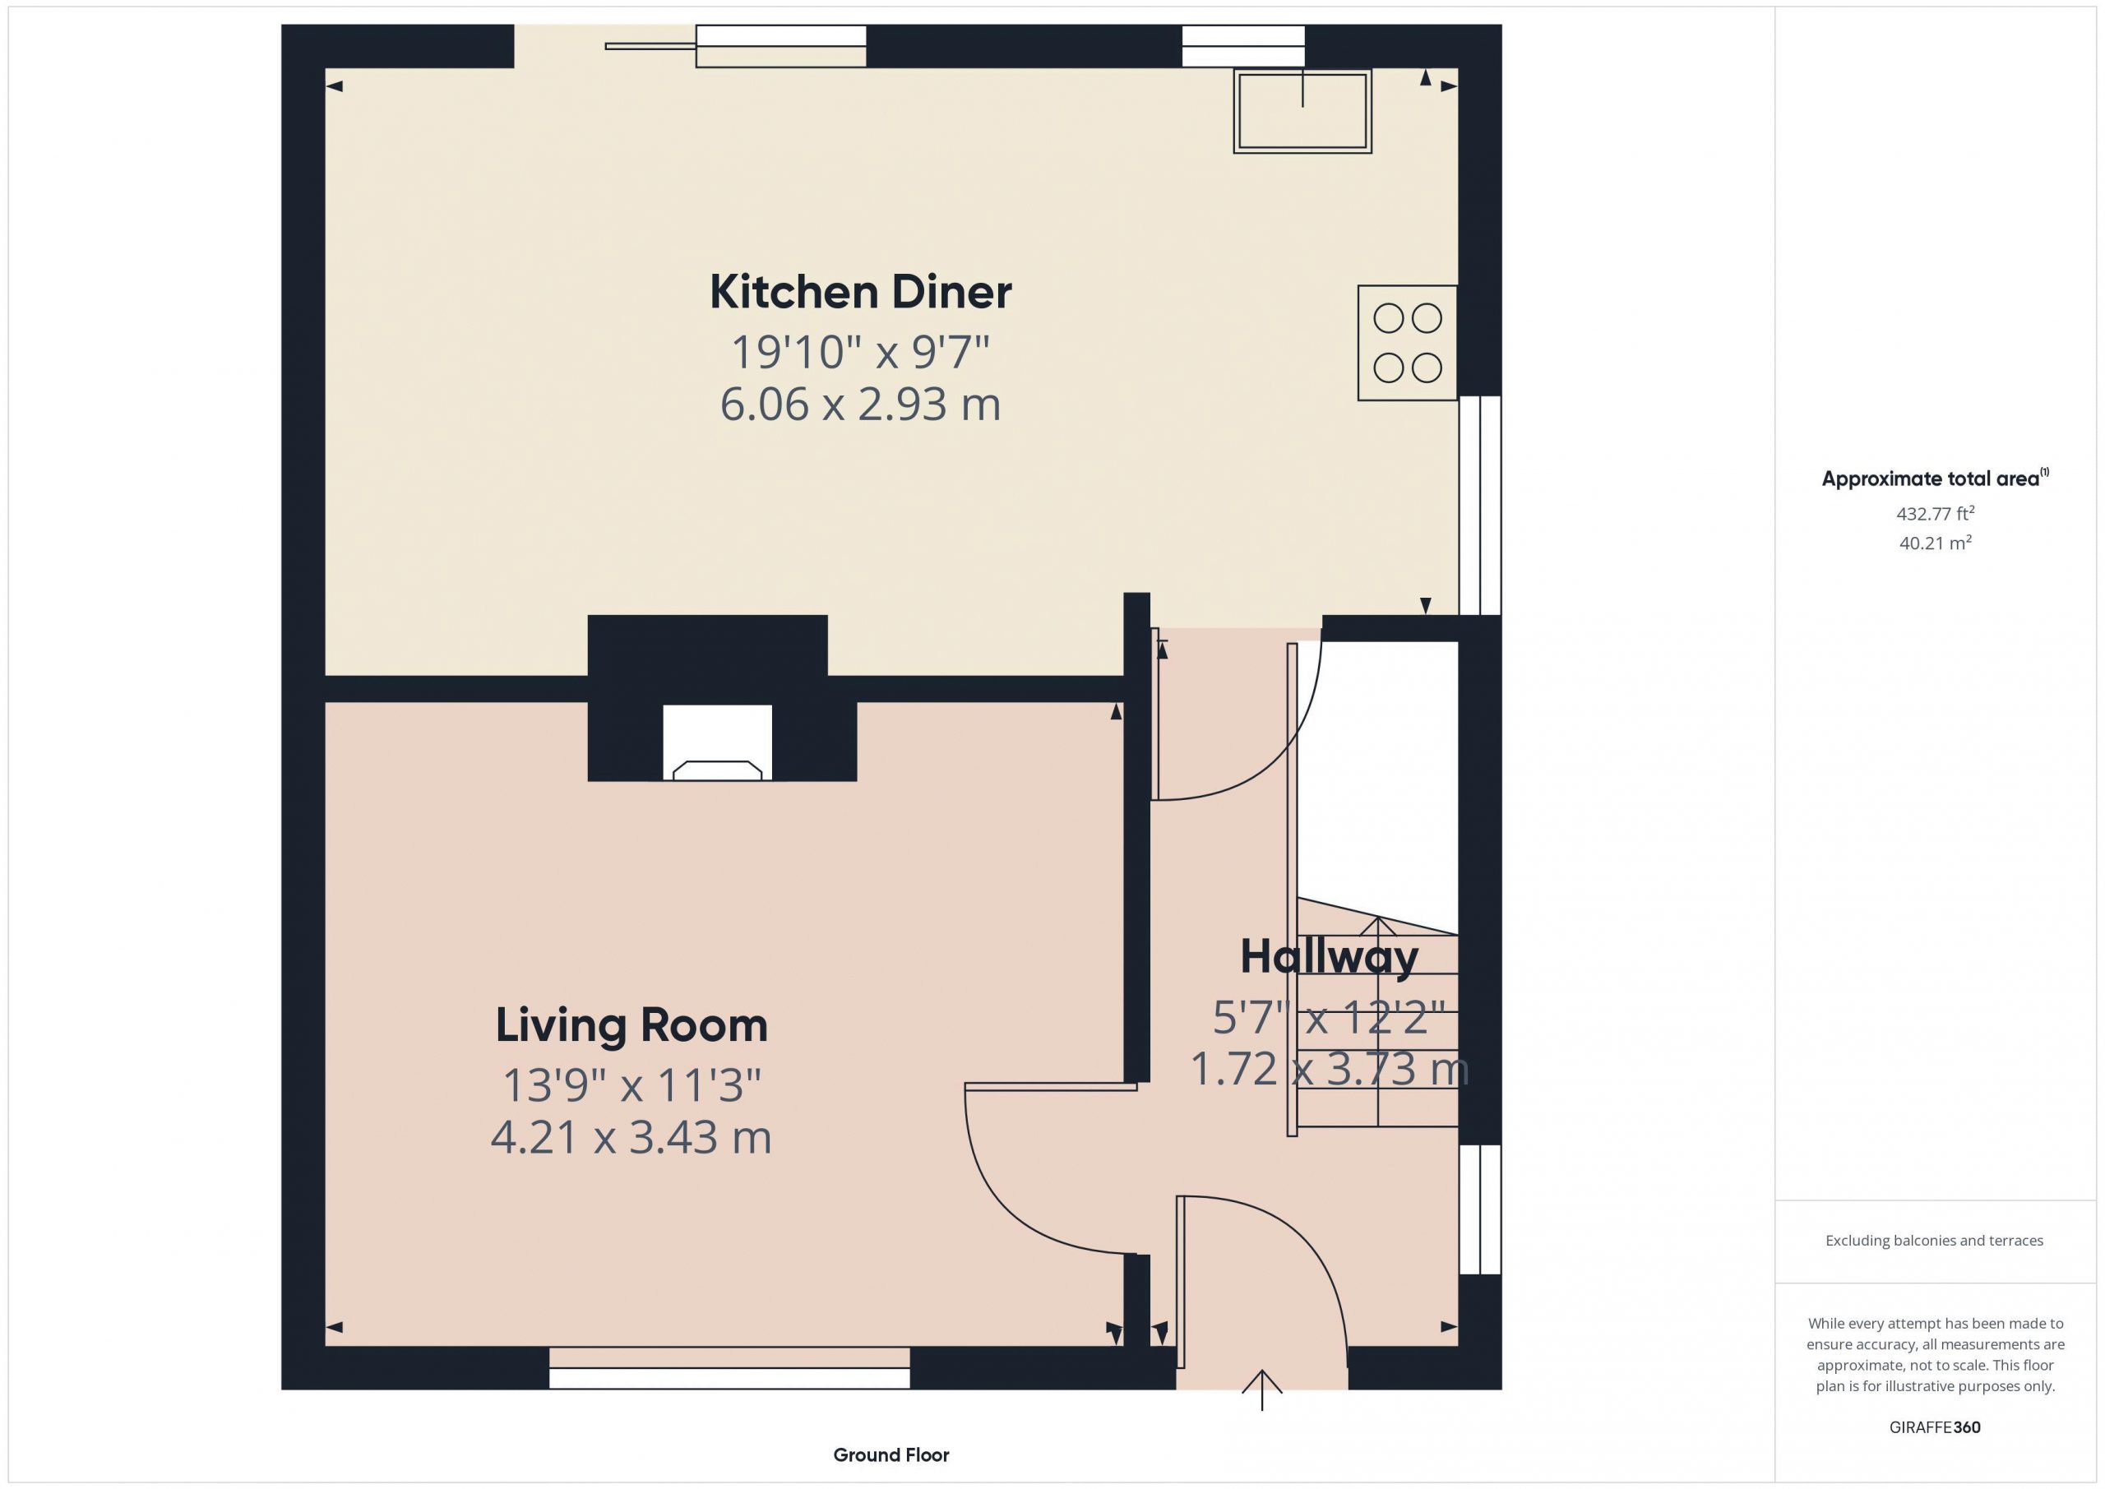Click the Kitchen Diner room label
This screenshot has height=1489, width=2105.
pyautogui.click(x=860, y=293)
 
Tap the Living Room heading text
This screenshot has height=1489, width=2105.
pyautogui.click(x=631, y=1025)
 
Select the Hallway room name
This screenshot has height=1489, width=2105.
pyautogui.click(x=1330, y=957)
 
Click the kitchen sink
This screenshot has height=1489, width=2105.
pyautogui.click(x=1302, y=111)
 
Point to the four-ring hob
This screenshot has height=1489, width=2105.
pyautogui.click(x=1407, y=343)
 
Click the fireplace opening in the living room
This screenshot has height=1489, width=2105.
pyautogui.click(x=717, y=742)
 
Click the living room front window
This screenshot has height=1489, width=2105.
pyautogui.click(x=730, y=1368)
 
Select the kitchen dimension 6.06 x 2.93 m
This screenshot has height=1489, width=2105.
pyautogui.click(x=860, y=405)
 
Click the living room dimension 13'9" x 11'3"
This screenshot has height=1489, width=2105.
pyautogui.click(x=631, y=1085)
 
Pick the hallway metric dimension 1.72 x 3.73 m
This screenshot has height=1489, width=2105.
pyautogui.click(x=1330, y=1069)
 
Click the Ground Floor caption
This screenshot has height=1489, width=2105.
pyautogui.click(x=891, y=1454)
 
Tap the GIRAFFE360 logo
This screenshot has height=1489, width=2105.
pyautogui.click(x=1936, y=1427)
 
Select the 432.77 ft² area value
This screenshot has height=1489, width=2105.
pyautogui.click(x=1936, y=512)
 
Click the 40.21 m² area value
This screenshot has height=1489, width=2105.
pyautogui.click(x=1936, y=542)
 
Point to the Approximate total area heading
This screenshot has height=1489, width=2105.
pyautogui.click(x=1935, y=478)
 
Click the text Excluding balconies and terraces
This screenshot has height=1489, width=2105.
pyautogui.click(x=1935, y=1241)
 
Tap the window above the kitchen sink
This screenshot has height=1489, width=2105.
pyautogui.click(x=1243, y=46)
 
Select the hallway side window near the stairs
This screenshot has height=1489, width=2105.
pyautogui.click(x=1480, y=1209)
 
